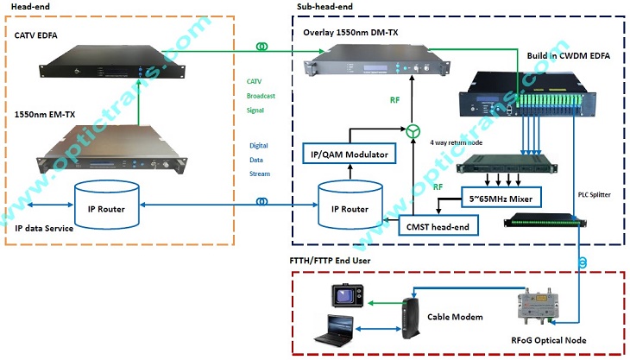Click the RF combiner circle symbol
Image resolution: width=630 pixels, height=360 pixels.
pyautogui.click(x=413, y=131)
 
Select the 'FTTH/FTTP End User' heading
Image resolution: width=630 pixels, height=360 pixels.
pyautogui.click(x=341, y=258)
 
